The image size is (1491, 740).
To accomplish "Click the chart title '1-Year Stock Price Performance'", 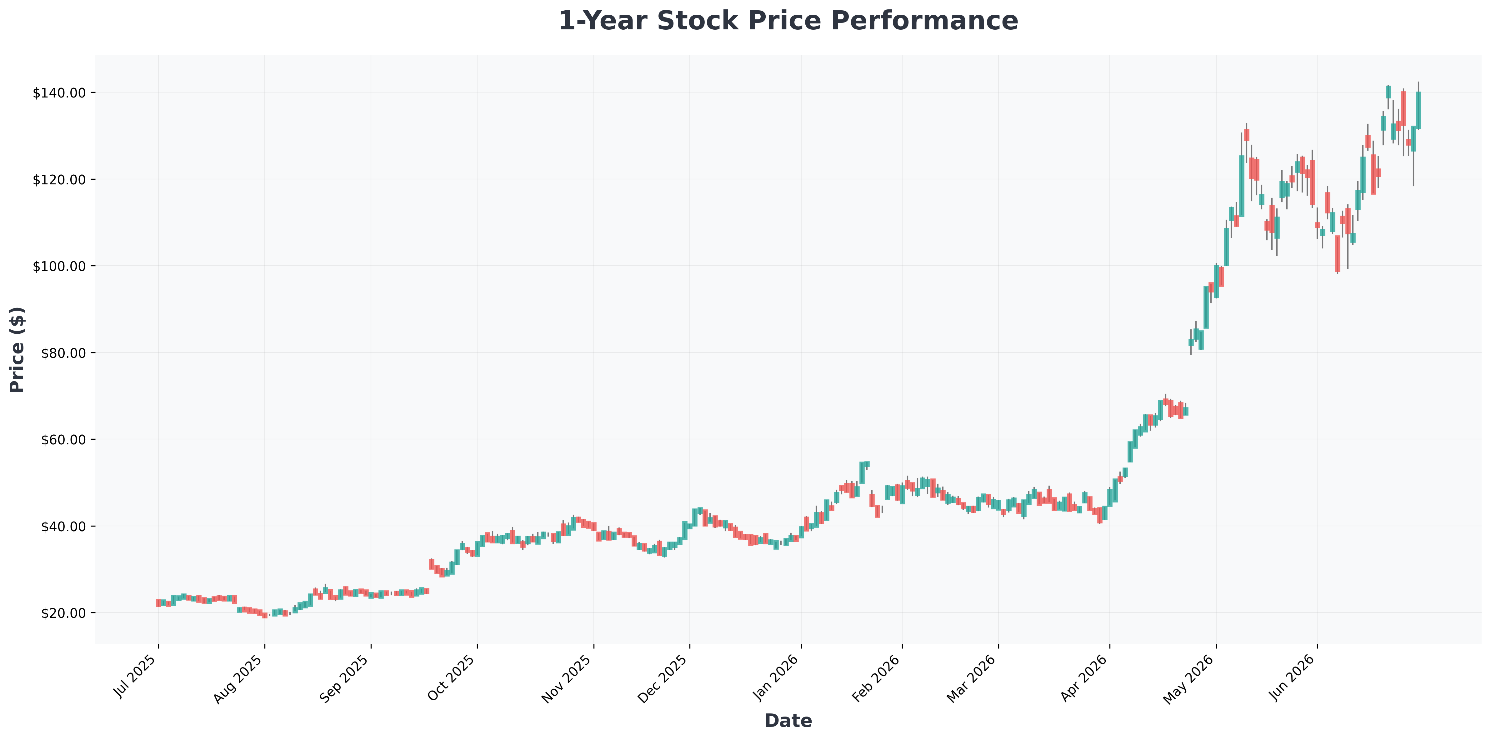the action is pos(788,21).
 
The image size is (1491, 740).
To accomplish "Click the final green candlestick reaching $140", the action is pos(1418,110).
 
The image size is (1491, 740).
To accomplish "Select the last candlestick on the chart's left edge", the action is pos(158,603).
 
